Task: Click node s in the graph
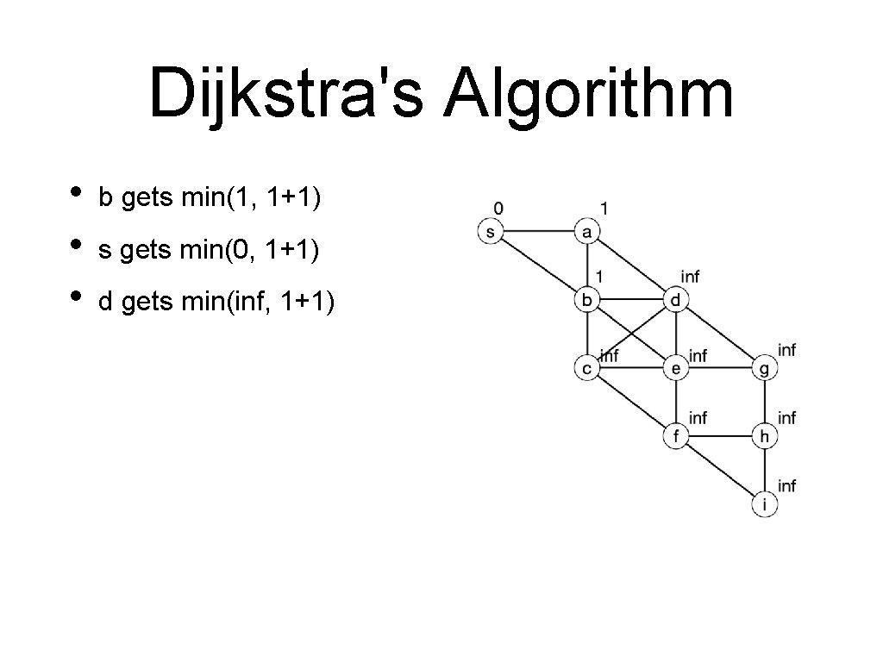(x=490, y=232)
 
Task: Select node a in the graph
(x=587, y=232)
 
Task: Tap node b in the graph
(x=587, y=300)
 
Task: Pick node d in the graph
(x=676, y=300)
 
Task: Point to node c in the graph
(x=587, y=369)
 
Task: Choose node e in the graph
(x=676, y=369)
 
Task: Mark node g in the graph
(x=765, y=369)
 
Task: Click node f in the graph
(x=676, y=436)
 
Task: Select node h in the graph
(x=765, y=436)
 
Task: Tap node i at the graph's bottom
(x=765, y=504)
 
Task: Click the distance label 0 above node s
(x=498, y=208)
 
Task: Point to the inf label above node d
(x=691, y=277)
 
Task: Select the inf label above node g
(x=786, y=349)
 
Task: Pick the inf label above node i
(x=786, y=485)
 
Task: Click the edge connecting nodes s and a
(x=538, y=232)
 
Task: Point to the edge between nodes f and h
(x=720, y=436)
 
